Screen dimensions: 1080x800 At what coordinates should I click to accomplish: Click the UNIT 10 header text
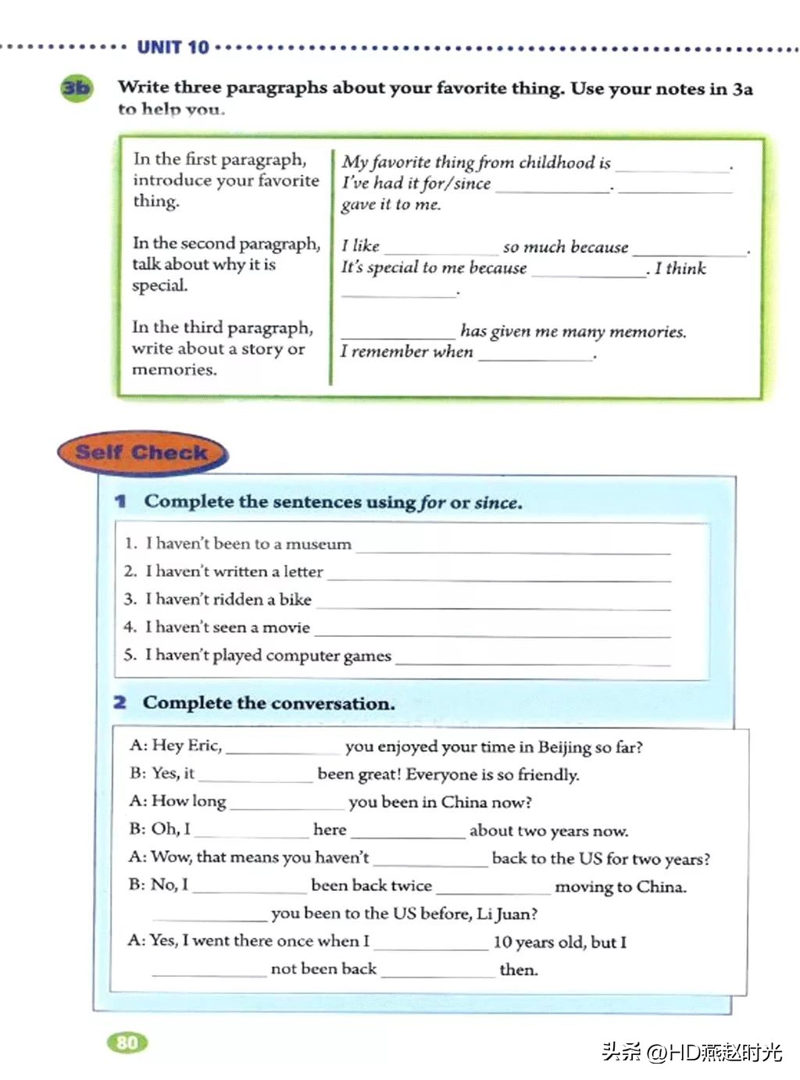pos(173,48)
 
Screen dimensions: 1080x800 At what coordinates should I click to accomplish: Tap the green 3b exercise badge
pos(76,88)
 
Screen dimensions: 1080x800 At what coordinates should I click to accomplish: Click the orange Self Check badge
pos(141,452)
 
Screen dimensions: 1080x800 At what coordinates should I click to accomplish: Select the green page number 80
pos(127,1042)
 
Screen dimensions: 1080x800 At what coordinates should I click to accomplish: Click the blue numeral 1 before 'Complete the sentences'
pos(120,501)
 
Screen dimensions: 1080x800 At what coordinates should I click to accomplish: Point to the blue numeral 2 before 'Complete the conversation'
pos(120,703)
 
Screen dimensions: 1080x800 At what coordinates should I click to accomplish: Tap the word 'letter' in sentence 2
pos(303,572)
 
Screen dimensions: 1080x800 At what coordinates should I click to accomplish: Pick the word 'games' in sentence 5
pos(367,656)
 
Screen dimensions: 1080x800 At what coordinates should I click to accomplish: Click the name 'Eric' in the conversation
pos(204,746)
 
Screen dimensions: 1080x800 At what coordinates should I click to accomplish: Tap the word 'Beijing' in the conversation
pos(564,747)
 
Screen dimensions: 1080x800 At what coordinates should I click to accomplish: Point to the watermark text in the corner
pos(691,1052)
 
